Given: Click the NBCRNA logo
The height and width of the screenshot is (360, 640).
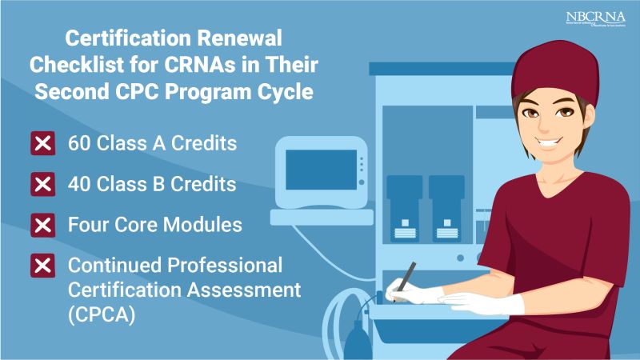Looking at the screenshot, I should pyautogui.click(x=594, y=19).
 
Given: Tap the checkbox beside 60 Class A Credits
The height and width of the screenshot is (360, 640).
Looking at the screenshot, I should pyautogui.click(x=42, y=145).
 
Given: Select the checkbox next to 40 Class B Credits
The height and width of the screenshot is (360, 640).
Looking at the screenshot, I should pyautogui.click(x=42, y=185).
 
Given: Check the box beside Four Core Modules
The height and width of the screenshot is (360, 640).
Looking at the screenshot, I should pyautogui.click(x=42, y=225).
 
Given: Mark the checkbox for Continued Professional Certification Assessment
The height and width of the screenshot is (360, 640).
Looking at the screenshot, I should pyautogui.click(x=42, y=265).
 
